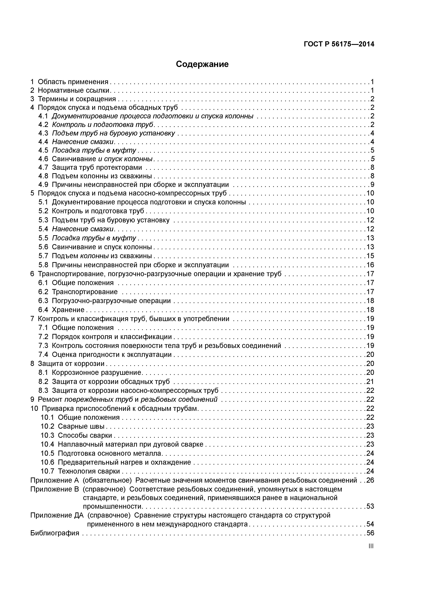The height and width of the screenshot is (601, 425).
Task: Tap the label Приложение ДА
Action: pyautogui.click(x=57, y=515)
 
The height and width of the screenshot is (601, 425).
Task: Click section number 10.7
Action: pyautogui.click(x=47, y=471)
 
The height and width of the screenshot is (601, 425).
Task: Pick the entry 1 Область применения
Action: pyautogui.click(x=69, y=82)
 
